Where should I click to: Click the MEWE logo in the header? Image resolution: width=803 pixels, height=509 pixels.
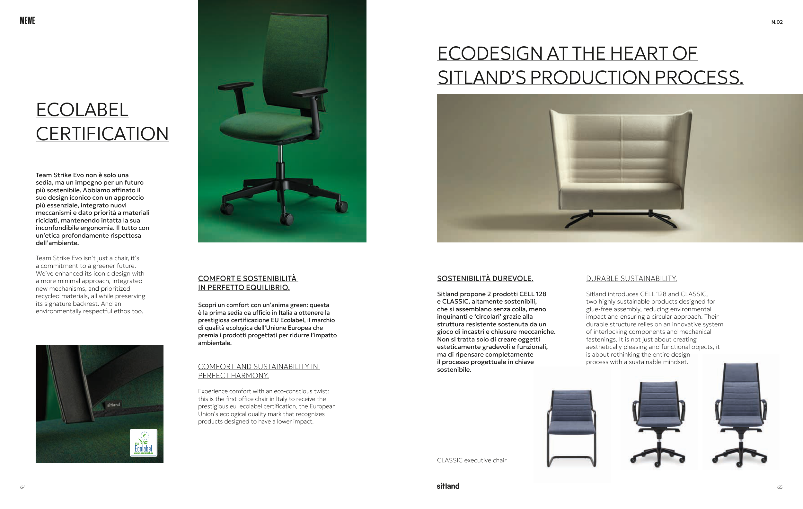pos(27,21)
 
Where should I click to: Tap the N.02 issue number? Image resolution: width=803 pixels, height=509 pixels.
pos(777,22)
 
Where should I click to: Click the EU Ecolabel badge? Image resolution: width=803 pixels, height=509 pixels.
pos(143,442)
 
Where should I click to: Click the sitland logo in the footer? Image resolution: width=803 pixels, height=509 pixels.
pos(448,486)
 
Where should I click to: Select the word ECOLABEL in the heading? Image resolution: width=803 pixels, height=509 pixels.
pos(82,110)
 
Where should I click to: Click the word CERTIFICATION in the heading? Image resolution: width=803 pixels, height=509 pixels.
pos(102,134)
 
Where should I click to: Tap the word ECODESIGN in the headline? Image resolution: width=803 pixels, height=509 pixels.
pos(490,53)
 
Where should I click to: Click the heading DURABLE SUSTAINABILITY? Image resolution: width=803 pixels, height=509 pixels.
pos(631,278)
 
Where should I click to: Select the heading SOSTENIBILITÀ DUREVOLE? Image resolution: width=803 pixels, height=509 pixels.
pos(485,278)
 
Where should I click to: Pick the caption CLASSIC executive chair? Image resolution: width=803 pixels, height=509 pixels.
pos(472,460)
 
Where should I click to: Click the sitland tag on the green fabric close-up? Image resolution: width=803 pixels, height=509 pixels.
pos(113,405)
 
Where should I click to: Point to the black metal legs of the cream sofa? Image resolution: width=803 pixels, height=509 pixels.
pos(620,219)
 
